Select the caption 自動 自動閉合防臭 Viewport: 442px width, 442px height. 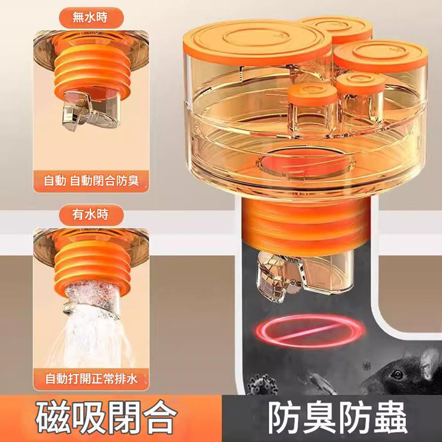point(91,181)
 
